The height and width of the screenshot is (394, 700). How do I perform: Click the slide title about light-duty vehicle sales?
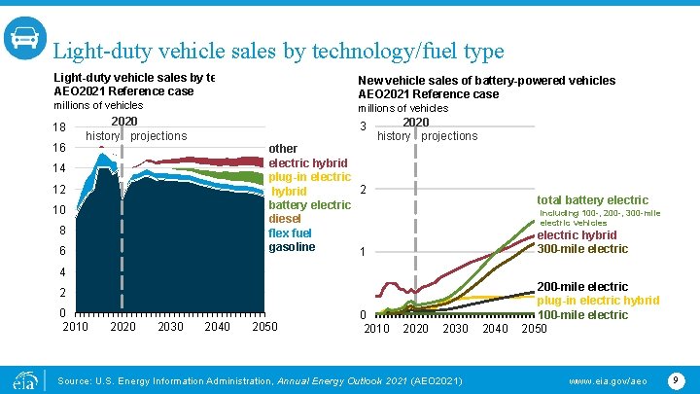[277, 51]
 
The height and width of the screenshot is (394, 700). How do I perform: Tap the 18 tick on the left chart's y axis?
[59, 127]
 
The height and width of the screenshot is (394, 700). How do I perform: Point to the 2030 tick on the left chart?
[170, 326]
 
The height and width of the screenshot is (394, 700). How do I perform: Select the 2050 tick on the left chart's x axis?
[264, 326]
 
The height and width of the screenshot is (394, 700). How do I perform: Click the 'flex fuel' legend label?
[291, 233]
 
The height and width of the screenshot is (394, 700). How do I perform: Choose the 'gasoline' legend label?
[292, 247]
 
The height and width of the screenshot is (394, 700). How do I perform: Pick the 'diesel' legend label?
[286, 219]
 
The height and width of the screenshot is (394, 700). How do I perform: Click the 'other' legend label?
[283, 149]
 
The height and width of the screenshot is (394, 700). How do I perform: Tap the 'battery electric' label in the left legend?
[309, 205]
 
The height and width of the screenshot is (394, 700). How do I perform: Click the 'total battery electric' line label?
[592, 199]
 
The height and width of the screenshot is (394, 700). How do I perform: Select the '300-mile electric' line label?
[582, 249]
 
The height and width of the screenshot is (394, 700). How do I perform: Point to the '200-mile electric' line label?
[582, 287]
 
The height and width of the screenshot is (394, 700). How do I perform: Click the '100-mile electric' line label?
[582, 314]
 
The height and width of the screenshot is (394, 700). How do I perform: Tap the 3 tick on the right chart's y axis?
[363, 127]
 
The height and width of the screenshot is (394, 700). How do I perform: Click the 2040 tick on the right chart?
[497, 328]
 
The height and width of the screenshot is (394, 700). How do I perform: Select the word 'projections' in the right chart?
[449, 136]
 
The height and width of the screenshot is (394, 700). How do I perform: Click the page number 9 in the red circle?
[674, 376]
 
